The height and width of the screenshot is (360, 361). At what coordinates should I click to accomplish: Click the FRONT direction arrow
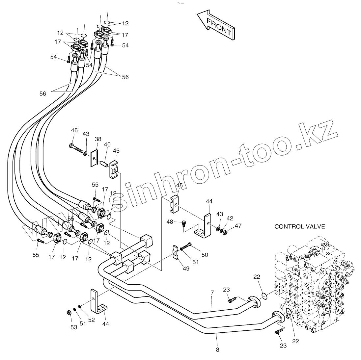[x=216, y=25]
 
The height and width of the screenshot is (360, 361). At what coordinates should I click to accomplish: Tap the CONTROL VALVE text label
[x=299, y=226]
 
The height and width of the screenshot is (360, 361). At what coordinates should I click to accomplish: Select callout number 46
[x=74, y=130]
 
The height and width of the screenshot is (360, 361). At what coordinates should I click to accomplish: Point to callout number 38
[x=98, y=139]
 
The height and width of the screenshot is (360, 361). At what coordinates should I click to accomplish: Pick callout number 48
[x=170, y=222]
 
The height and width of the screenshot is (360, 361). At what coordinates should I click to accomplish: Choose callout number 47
[x=238, y=226]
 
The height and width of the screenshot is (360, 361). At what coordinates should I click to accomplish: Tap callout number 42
[x=230, y=218]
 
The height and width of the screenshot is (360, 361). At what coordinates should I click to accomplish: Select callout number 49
[x=186, y=269]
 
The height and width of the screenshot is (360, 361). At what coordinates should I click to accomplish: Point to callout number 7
[x=212, y=292]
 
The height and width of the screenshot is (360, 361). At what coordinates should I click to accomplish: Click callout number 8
[x=217, y=350]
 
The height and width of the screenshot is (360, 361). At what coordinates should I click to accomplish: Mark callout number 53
[x=73, y=327]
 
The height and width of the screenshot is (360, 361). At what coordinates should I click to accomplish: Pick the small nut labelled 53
[x=69, y=312]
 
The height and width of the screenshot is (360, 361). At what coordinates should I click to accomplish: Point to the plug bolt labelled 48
[x=184, y=224]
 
